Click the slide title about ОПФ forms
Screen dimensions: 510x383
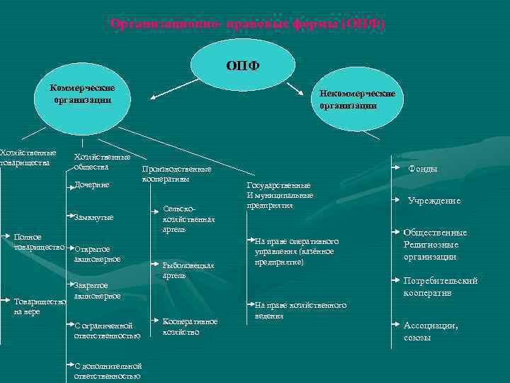[x=248, y=23]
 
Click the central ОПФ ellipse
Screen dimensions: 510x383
[x=243, y=66]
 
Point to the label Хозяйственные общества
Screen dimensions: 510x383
[x=102, y=162]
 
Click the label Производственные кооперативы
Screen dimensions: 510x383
[x=176, y=174]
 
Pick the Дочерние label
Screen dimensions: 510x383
[x=92, y=185]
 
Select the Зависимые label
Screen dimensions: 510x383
[x=93, y=216]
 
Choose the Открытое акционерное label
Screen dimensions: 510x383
[x=97, y=254]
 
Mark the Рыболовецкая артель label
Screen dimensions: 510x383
[x=188, y=270]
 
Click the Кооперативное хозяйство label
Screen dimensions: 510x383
[x=189, y=326]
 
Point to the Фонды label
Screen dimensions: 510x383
[x=423, y=169]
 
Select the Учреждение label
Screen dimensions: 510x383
[x=433, y=201]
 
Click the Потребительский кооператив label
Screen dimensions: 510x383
[x=440, y=287]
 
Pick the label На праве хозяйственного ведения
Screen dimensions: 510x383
[x=300, y=310]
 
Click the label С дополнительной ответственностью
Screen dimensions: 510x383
[x=107, y=372]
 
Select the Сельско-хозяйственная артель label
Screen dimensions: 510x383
[x=188, y=219]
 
